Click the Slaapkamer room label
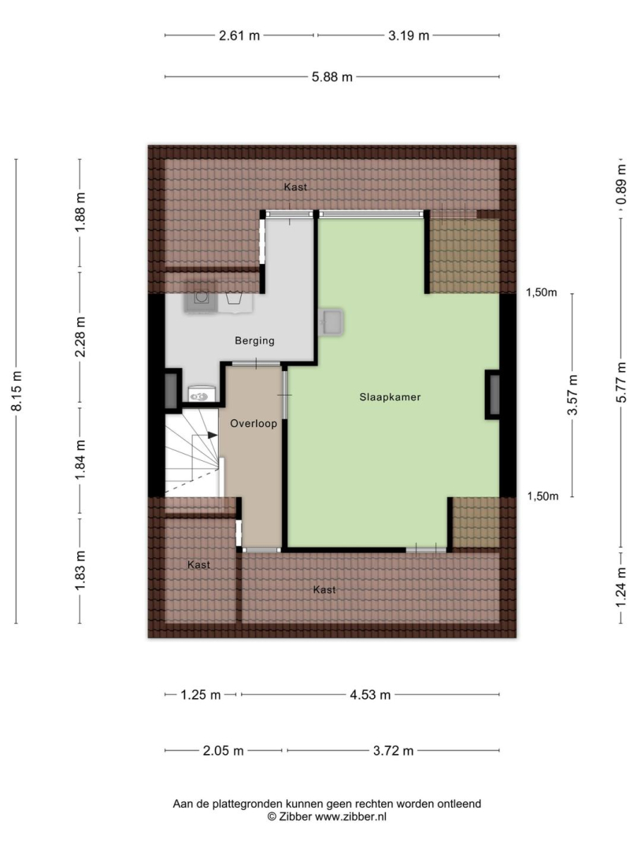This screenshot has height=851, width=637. coord(390,396)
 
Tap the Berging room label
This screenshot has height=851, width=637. coord(254,341)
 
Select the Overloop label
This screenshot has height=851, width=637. coord(254,423)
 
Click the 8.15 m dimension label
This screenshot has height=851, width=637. coord(17,391)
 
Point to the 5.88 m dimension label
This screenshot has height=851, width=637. coord(331,77)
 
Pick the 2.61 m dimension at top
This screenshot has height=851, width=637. coord(239,35)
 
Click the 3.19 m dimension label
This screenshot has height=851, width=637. coord(408,35)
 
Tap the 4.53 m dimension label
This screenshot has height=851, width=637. coord(370,695)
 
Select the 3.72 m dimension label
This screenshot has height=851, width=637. coord(393,751)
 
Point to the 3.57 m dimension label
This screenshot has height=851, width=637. coord(572,395)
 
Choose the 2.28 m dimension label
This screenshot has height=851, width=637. coord(80,337)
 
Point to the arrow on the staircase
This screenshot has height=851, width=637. coord(212,435)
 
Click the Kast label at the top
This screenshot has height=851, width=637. coord(295,187)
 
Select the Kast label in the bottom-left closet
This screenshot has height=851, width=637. coord(198,564)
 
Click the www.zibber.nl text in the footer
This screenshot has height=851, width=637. coord(350,816)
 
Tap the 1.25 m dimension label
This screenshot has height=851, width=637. coord(201,695)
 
